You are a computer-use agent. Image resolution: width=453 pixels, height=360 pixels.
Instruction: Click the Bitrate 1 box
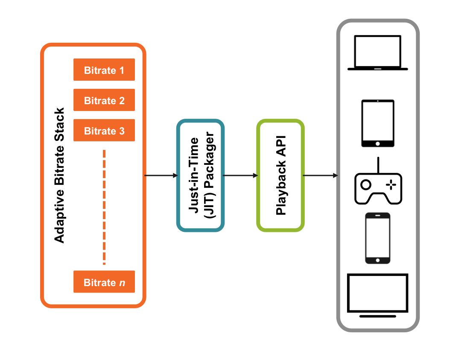(x=104, y=70)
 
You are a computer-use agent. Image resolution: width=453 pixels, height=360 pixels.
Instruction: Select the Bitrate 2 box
(x=104, y=100)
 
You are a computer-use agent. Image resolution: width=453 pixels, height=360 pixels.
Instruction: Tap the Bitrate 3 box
(x=104, y=131)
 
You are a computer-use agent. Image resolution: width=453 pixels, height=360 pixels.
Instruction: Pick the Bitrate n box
(x=104, y=282)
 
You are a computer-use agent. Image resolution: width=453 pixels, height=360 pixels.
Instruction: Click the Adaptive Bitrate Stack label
(x=60, y=176)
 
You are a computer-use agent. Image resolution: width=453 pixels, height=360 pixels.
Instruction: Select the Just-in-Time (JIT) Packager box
(x=200, y=176)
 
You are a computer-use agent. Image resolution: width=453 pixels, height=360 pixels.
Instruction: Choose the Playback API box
(x=281, y=176)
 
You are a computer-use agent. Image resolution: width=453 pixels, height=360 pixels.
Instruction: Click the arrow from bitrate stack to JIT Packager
(x=161, y=176)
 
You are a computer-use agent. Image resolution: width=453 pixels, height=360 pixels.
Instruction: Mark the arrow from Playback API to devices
(x=320, y=176)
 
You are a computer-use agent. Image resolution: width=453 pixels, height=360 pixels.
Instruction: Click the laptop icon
(x=378, y=53)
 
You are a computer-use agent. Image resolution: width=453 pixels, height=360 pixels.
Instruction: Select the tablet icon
(x=378, y=123)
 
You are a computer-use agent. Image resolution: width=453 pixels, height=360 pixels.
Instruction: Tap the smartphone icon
(x=378, y=238)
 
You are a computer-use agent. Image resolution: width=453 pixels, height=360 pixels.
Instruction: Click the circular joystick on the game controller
(x=366, y=185)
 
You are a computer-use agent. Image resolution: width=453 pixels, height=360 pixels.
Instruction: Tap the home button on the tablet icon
(x=378, y=143)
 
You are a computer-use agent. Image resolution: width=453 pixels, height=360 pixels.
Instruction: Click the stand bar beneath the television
(x=378, y=316)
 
